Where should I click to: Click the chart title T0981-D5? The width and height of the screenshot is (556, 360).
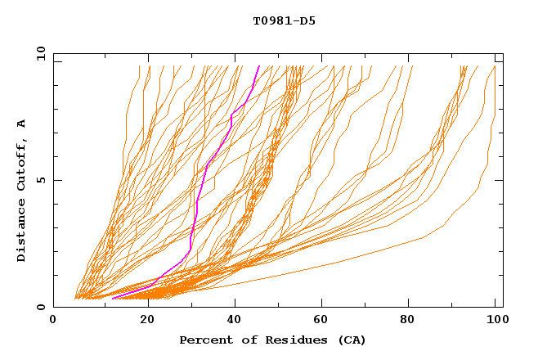coord(284,20)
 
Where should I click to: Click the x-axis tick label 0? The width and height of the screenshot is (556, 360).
coord(53,321)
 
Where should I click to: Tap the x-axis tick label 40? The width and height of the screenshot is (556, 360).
coord(235,321)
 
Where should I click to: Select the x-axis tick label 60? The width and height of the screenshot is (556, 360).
coord(324,321)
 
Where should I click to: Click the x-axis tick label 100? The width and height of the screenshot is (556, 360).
coord(497,321)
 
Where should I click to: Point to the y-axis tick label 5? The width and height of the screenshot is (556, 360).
coord(40,180)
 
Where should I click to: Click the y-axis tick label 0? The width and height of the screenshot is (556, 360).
coord(40,307)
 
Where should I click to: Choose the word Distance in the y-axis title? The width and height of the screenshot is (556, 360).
coord(22,232)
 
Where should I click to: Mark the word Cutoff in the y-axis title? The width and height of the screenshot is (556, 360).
coord(22,164)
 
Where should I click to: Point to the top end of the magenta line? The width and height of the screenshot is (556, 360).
coord(259,65)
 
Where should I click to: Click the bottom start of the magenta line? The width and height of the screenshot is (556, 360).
coord(112,299)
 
